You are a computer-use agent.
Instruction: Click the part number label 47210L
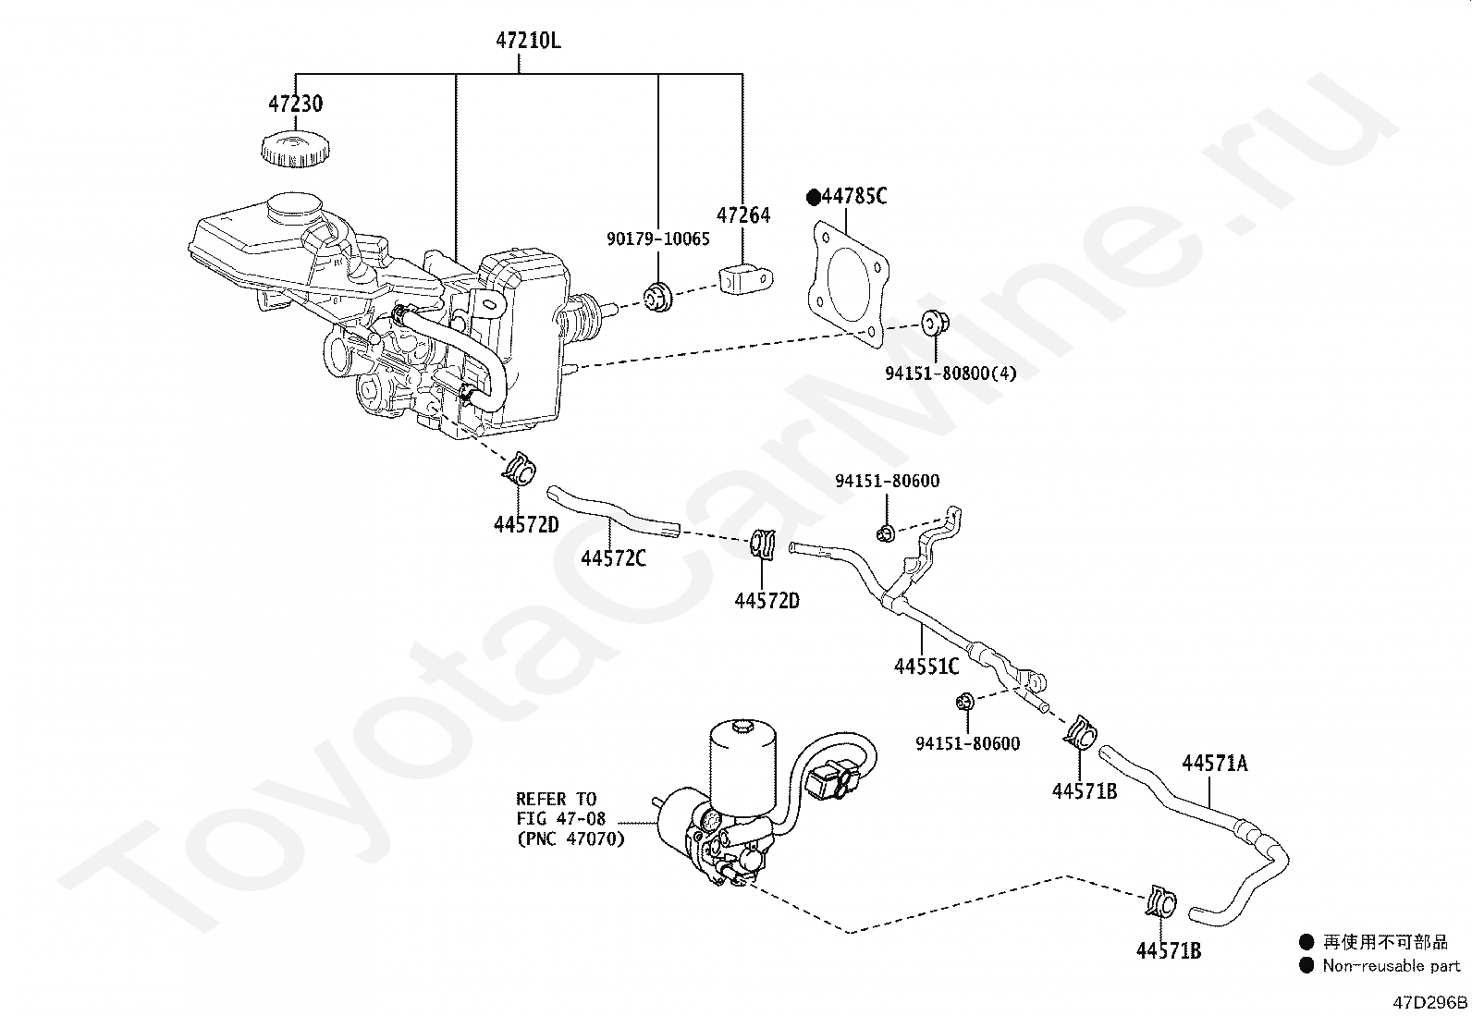click(x=528, y=41)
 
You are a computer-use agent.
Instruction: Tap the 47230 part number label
click(x=296, y=103)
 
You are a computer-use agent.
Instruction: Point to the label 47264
click(x=743, y=214)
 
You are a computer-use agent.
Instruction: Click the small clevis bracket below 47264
click(x=744, y=278)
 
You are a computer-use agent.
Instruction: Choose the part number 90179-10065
click(x=658, y=239)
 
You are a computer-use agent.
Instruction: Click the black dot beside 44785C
click(x=814, y=197)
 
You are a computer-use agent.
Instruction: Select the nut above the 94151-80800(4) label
click(x=932, y=324)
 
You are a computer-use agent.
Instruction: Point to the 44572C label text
click(x=614, y=558)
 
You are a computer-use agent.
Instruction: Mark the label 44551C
click(x=926, y=666)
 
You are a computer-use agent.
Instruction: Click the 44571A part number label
click(x=1214, y=763)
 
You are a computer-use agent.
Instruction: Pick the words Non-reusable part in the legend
click(x=1391, y=965)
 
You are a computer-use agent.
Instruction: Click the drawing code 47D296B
click(x=1431, y=1002)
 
